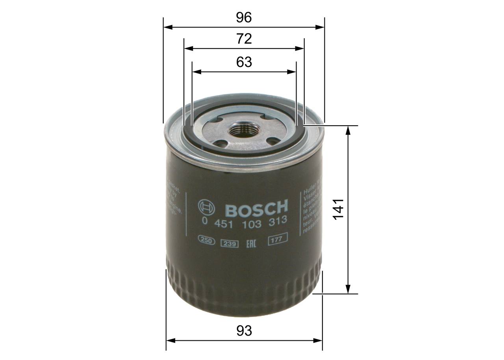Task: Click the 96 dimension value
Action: pyautogui.click(x=244, y=17)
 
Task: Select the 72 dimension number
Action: pyautogui.click(x=244, y=39)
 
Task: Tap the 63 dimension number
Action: pyautogui.click(x=244, y=62)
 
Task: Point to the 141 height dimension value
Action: pyautogui.click(x=338, y=209)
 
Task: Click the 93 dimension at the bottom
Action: pyautogui.click(x=244, y=330)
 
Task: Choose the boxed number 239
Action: pyautogui.click(x=230, y=243)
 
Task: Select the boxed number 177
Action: pyautogui.click(x=278, y=238)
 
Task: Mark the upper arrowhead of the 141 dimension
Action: pyautogui.click(x=348, y=130)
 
